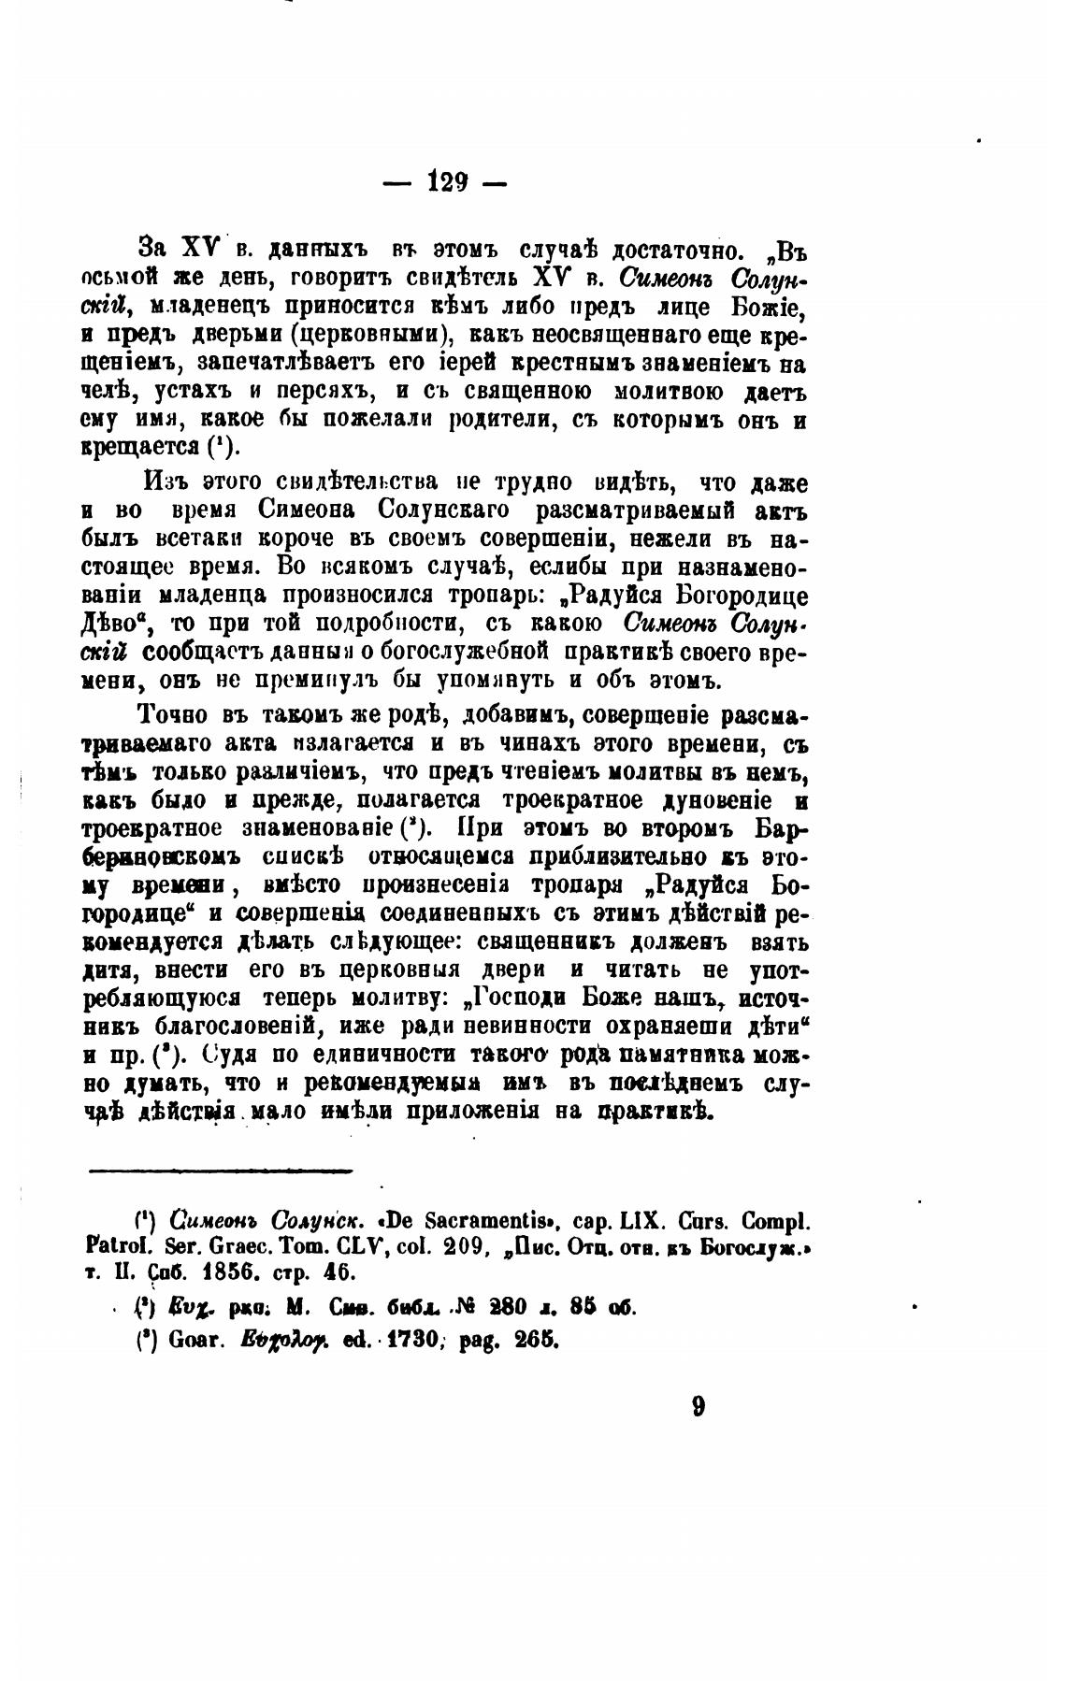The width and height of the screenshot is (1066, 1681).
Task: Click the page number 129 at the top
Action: pos(447,181)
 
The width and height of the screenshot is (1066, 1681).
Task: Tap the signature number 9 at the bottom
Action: pos(699,1408)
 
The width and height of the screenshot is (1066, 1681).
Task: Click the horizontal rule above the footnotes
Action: pos(221,1170)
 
